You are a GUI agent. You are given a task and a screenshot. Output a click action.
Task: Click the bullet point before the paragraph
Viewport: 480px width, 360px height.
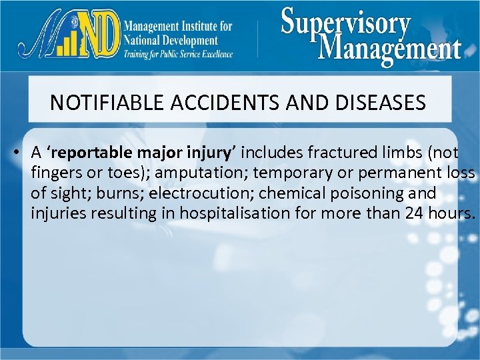[x=13, y=152]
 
